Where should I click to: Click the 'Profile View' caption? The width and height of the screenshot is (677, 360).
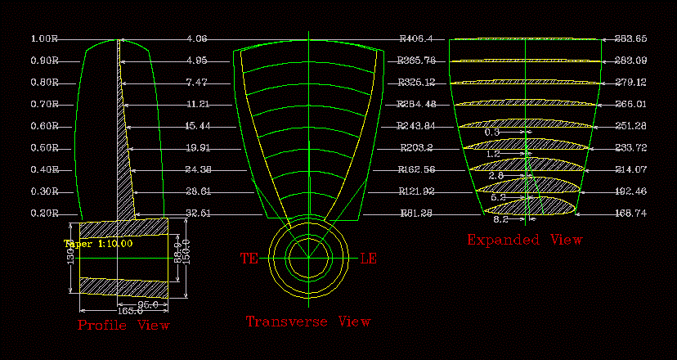coord(123,326)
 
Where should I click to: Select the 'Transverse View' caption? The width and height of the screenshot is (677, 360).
coord(308,322)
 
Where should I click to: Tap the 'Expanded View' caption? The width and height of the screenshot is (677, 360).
coord(524,240)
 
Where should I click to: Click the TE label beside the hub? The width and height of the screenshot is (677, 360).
coord(249,259)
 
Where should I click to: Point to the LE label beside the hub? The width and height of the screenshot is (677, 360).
coord(368,259)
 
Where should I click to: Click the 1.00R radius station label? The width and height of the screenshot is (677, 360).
coord(44,38)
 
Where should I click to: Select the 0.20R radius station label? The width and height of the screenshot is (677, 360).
coord(44,214)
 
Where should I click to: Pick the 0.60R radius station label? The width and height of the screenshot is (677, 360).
coord(44,126)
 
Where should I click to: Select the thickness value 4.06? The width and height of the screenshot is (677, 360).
coord(196,38)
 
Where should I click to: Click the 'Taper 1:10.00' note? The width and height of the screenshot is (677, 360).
coord(99,243)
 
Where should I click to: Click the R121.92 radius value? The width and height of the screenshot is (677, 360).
coord(416,191)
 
